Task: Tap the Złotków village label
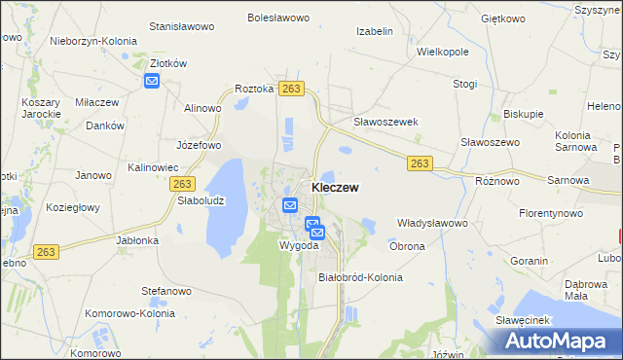click(x=167, y=63)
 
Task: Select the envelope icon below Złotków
click(x=152, y=81)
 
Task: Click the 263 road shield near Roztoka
click(x=291, y=89)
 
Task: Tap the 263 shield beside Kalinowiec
click(x=182, y=183)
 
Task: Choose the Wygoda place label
click(x=300, y=245)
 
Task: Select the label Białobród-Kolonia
click(x=360, y=277)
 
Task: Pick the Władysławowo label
click(x=432, y=223)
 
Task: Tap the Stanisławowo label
click(x=182, y=26)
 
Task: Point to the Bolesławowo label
click(x=277, y=18)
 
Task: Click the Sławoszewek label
click(x=385, y=122)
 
